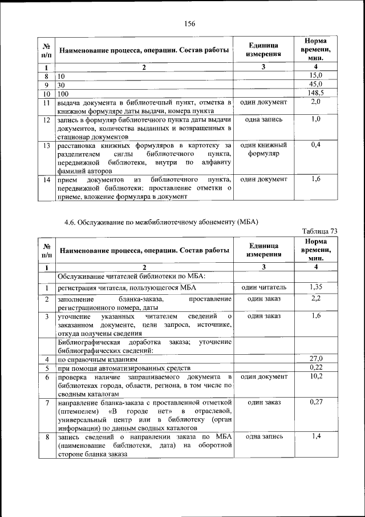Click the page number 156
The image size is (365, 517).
pyautogui.click(x=189, y=23)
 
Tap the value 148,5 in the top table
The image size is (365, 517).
pyautogui.click(x=315, y=93)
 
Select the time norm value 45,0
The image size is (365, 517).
pyautogui.click(x=315, y=84)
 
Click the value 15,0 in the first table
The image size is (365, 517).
pyautogui.click(x=315, y=75)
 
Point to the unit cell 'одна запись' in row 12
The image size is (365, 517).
pyautogui.click(x=263, y=120)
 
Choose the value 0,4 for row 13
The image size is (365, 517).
pyautogui.click(x=315, y=145)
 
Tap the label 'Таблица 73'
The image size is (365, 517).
pyautogui.click(x=319, y=231)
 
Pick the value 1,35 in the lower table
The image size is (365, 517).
pyautogui.click(x=315, y=287)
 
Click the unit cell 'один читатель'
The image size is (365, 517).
pyautogui.click(x=263, y=287)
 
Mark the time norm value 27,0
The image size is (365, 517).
pyautogui.click(x=315, y=358)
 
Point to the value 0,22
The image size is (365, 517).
pyautogui.click(x=315, y=367)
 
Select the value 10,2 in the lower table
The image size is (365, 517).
pyautogui.click(x=315, y=376)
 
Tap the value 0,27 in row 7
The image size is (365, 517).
pyautogui.click(x=315, y=402)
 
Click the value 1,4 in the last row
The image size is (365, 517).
pyautogui.click(x=315, y=436)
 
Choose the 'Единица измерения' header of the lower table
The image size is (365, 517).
pyautogui.click(x=263, y=250)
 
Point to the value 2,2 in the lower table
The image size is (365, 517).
pyautogui.click(x=315, y=299)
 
